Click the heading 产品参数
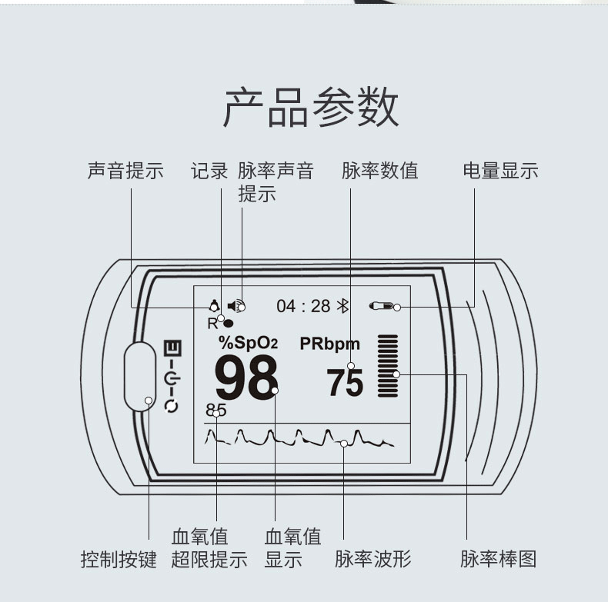pyautogui.click(x=311, y=108)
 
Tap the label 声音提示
pyautogui.click(x=125, y=171)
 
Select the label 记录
pyautogui.click(x=209, y=171)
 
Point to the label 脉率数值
pyautogui.click(x=379, y=171)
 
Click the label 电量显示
pyautogui.click(x=500, y=171)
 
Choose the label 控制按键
pyautogui.click(x=119, y=559)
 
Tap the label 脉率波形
pyautogui.click(x=373, y=559)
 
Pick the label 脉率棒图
pyautogui.click(x=499, y=559)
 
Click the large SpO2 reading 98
pyautogui.click(x=246, y=377)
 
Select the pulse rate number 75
pyautogui.click(x=344, y=382)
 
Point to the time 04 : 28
pyautogui.click(x=303, y=306)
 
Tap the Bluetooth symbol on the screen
pyautogui.click(x=343, y=306)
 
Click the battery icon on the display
pyautogui.click(x=382, y=306)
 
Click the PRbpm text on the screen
pyautogui.click(x=329, y=344)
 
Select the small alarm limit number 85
pyautogui.click(x=216, y=410)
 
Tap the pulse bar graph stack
pyautogui.click(x=389, y=365)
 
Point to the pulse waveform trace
pyautogui.click(x=300, y=439)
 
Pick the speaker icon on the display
pyautogui.click(x=235, y=305)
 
